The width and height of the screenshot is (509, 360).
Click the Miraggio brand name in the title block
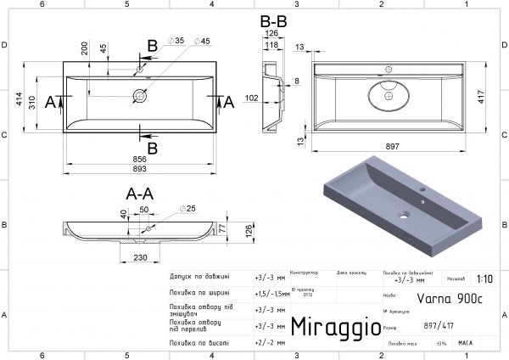330,327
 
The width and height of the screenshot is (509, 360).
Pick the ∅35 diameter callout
177,41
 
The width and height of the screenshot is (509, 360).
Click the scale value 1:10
484,278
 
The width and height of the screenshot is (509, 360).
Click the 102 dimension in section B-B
254,98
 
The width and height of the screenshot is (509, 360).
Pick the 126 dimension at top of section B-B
271,34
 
